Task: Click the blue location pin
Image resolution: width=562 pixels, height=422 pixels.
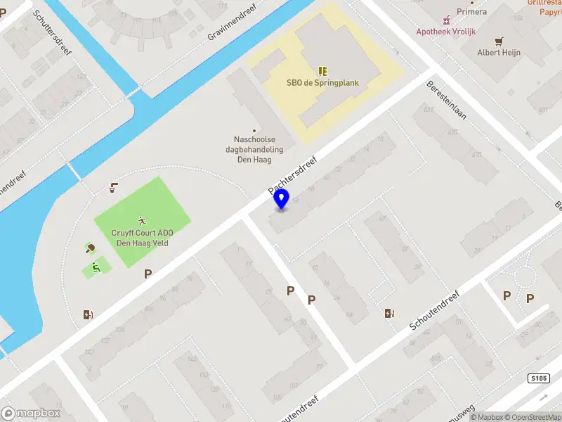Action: pos(282,199)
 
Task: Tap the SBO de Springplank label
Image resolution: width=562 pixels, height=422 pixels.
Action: pos(322,82)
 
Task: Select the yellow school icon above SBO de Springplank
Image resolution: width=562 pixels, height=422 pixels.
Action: pos(322,70)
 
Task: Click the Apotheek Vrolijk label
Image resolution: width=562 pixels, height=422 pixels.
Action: pos(445,32)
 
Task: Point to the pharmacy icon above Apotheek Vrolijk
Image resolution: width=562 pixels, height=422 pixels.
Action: pos(445,20)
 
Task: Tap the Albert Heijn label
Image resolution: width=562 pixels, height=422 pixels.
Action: pos(499,53)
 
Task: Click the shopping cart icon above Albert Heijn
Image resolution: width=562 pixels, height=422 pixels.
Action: pos(499,41)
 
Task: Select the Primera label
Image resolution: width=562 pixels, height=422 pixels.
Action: pos(471,12)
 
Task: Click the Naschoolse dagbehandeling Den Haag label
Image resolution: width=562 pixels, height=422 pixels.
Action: pos(258,149)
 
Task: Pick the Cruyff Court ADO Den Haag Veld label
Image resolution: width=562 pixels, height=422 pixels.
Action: pos(143,238)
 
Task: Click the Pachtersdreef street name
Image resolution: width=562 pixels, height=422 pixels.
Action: pos(293,176)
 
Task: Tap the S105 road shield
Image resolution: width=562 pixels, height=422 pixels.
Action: pos(537,379)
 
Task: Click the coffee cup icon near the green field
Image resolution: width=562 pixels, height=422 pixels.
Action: pos(113,188)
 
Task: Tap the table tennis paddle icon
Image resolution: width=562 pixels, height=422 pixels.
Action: pos(90,248)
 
